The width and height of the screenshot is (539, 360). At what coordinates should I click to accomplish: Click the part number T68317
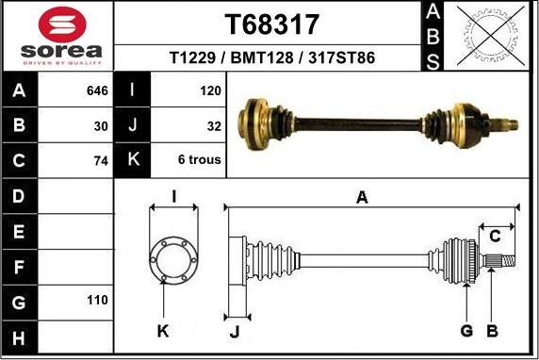pos(271,24)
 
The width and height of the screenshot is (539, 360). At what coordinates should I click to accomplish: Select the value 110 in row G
pos(98,300)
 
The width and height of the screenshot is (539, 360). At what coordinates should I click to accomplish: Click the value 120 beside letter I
pos(210,91)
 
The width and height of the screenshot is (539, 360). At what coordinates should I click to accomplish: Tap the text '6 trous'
pos(199,160)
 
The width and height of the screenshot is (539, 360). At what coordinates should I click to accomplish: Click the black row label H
pos(20,335)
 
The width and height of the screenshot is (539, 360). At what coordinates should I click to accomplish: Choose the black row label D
pos(20,196)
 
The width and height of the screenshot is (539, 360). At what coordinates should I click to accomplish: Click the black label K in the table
pos(133,159)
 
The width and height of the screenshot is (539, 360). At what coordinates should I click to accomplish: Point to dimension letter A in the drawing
pos(361,197)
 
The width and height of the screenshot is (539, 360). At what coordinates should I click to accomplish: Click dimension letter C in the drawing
pos(493,237)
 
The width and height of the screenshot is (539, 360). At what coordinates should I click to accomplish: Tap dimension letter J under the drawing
pos(236,331)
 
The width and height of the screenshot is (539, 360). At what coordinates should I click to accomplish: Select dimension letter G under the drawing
pos(465,331)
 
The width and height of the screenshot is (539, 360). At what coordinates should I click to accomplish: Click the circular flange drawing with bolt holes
pos(173,257)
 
